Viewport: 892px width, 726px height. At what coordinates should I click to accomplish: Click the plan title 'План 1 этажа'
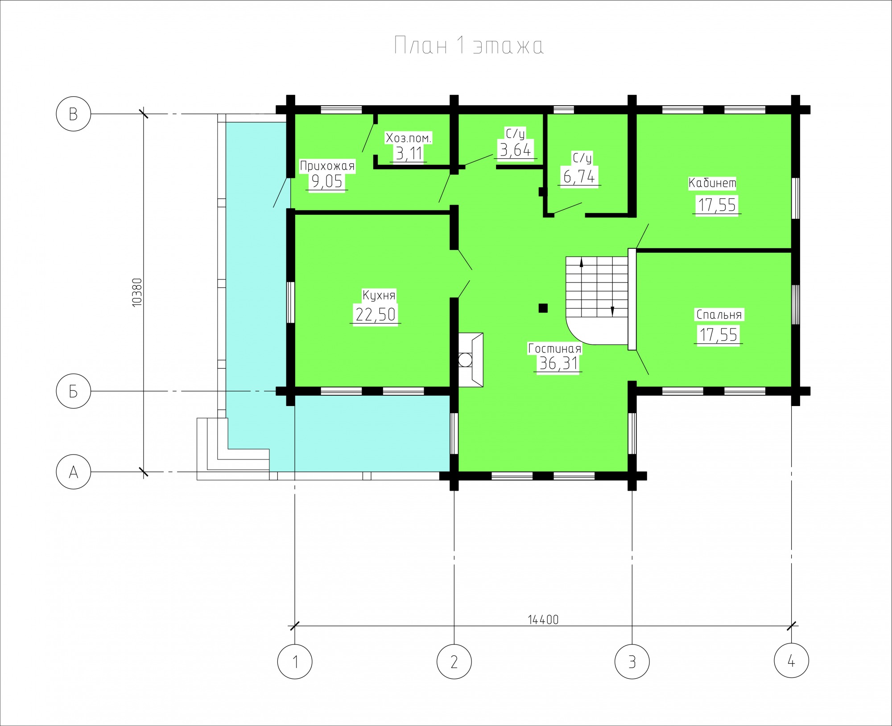click(469, 46)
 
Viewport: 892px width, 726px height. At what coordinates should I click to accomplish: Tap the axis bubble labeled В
click(74, 114)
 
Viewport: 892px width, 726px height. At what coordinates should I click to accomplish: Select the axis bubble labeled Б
click(74, 391)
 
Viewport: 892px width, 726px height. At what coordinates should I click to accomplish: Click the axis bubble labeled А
click(74, 472)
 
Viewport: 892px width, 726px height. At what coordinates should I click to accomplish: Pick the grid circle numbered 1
click(295, 661)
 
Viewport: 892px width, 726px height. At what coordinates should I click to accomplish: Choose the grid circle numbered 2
click(454, 661)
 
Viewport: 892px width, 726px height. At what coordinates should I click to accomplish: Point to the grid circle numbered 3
click(632, 661)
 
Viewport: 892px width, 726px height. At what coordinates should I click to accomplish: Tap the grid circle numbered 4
click(791, 661)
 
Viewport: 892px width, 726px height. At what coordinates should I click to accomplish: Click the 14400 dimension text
click(543, 619)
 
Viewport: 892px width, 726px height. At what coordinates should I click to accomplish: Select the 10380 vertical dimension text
click(137, 292)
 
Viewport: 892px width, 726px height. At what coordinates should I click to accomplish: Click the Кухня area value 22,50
click(376, 314)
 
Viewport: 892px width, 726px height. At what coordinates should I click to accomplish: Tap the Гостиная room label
click(554, 348)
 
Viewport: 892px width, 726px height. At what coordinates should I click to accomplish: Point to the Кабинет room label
click(712, 183)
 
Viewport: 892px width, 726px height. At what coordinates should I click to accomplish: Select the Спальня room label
click(719, 315)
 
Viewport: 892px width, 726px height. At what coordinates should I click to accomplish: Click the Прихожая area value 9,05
click(327, 181)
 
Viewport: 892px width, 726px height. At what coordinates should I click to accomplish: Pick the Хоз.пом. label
click(409, 138)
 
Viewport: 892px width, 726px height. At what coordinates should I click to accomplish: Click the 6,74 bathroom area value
click(579, 176)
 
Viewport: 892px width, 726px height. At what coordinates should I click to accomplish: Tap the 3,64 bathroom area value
click(516, 150)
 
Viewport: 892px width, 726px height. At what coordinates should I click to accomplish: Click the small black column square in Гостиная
click(543, 308)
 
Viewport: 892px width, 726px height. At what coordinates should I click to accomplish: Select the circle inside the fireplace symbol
click(465, 359)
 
